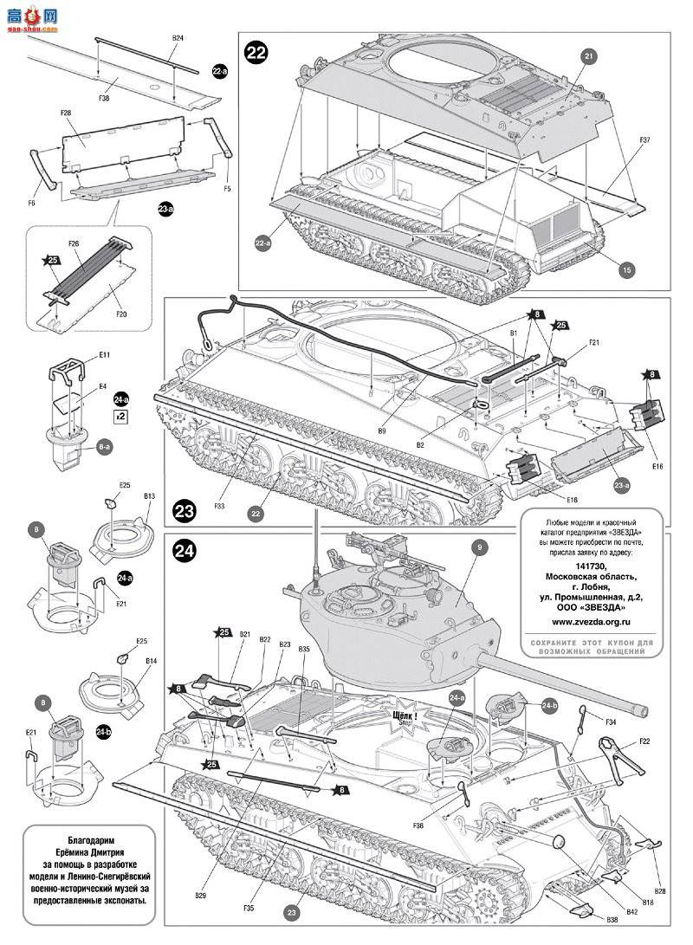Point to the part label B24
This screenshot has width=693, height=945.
coord(178,39)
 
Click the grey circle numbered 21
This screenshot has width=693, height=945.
coord(589,56)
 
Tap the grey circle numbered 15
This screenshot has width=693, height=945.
coord(625,269)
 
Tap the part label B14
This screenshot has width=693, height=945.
coord(150,661)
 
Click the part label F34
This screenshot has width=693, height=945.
coord(611,722)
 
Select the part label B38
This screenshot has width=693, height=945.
coord(612,918)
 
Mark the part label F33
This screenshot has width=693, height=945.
coord(220,506)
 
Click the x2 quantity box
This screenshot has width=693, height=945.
coord(121,416)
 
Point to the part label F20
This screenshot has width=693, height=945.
coord(121,313)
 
